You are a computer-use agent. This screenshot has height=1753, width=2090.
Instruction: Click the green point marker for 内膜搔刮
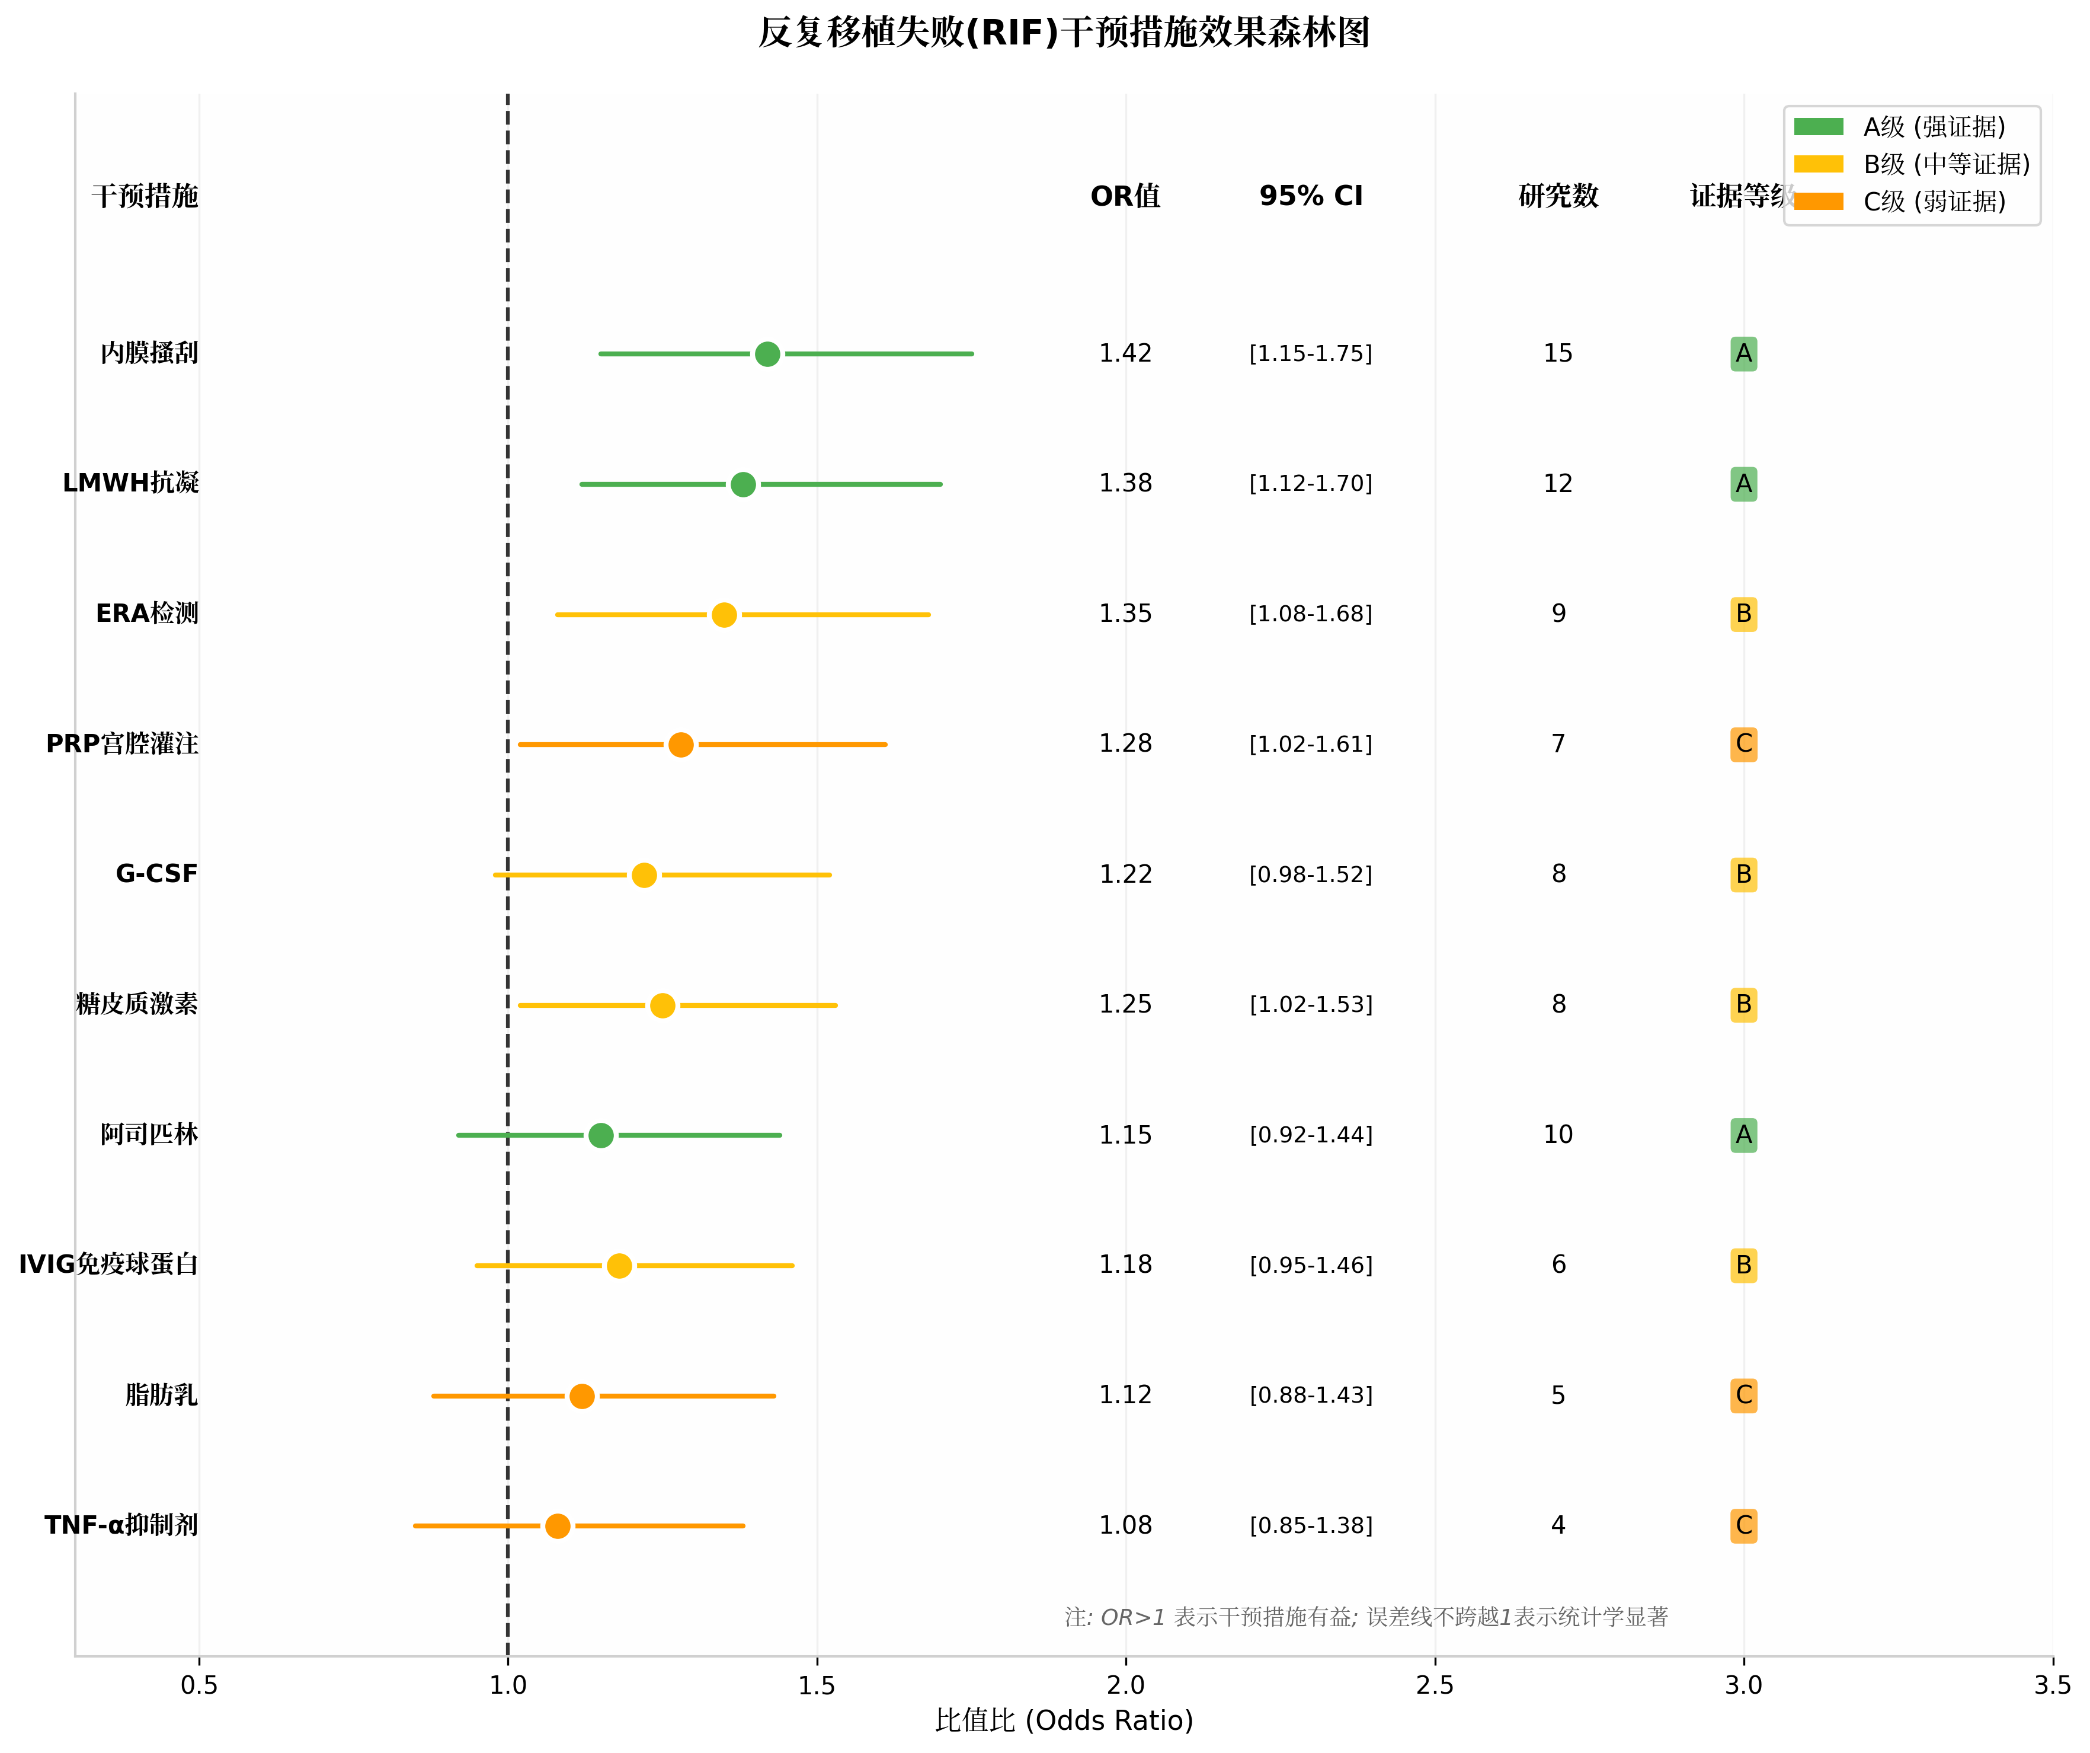point(767,355)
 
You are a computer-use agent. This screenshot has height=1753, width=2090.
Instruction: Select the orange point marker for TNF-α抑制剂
point(558,1526)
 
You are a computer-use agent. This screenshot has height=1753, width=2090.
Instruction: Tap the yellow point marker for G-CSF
point(644,875)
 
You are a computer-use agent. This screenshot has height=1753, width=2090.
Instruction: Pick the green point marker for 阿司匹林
point(601,1136)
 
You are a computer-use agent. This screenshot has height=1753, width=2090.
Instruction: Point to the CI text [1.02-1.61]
point(1311,745)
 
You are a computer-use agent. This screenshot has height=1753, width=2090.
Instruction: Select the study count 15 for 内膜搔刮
point(1557,355)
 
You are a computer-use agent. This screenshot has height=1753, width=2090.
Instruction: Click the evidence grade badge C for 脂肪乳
point(1744,1396)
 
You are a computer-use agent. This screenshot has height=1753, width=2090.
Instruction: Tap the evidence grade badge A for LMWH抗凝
point(1744,485)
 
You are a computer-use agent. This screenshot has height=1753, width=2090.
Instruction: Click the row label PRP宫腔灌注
point(123,745)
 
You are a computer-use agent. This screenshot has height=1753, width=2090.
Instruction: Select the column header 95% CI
point(1311,196)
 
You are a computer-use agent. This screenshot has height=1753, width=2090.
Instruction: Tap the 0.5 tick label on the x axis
point(199,1685)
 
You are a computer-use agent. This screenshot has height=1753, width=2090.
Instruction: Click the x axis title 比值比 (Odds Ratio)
point(1064,1721)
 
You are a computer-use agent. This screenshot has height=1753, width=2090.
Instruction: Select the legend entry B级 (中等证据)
point(1945,164)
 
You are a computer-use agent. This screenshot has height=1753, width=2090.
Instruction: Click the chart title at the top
point(1064,33)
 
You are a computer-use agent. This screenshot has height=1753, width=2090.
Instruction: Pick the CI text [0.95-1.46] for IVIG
point(1311,1265)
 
